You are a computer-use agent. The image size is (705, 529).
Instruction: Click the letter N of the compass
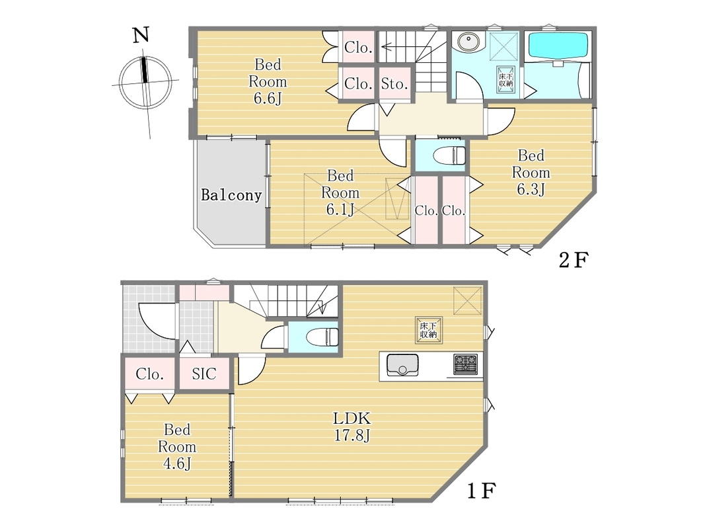tap(141, 34)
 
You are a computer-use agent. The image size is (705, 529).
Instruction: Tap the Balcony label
tap(231, 195)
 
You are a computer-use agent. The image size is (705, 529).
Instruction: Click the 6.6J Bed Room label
tap(268, 81)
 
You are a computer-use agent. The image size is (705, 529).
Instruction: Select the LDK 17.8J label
tap(352, 427)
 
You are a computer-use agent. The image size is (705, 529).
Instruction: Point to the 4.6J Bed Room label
tap(177, 446)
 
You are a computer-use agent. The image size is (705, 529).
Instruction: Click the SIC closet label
tap(204, 374)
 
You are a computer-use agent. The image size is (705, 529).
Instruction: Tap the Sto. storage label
tap(394, 83)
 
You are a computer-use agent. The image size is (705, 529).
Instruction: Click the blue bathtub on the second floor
tap(558, 45)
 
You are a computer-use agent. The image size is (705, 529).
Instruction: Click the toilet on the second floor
tap(448, 155)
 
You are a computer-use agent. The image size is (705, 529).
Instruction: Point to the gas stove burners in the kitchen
tap(465, 364)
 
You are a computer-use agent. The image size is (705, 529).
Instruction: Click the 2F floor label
tap(574, 260)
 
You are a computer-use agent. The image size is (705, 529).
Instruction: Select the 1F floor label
tap(481, 490)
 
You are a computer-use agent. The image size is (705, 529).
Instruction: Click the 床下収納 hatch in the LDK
tap(429, 330)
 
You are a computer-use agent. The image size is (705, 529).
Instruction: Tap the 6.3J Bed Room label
tap(531, 173)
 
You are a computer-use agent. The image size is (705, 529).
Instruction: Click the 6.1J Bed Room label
tap(340, 192)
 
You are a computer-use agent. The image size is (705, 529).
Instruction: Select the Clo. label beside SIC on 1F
tap(149, 374)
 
